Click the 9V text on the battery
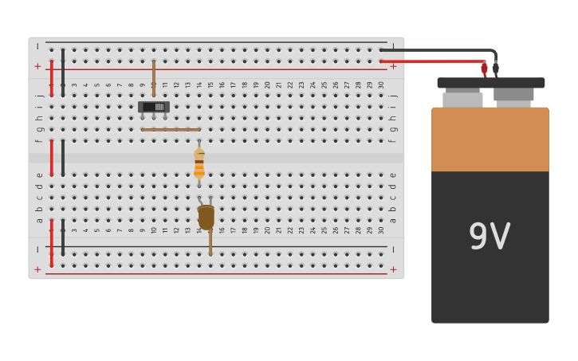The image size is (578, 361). [x=489, y=236]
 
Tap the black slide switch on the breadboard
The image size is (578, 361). [x=153, y=107]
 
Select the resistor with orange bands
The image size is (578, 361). [x=199, y=163]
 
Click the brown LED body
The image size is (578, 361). [x=206, y=217]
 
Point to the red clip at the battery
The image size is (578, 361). [x=484, y=69]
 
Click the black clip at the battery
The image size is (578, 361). [x=495, y=69]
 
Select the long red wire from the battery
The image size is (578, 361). [x=431, y=61]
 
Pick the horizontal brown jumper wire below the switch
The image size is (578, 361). [x=171, y=129]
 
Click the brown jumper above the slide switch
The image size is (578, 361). [x=154, y=77]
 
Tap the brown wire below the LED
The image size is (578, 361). [x=210, y=243]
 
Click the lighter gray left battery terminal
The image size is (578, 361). [x=462, y=100]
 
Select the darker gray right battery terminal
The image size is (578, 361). [x=513, y=95]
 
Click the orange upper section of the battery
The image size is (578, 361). [x=490, y=139]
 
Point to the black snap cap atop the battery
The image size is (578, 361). [x=490, y=82]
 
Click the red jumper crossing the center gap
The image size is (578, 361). [x=52, y=157]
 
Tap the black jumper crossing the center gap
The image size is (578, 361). [x=63, y=157]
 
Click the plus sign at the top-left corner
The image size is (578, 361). [x=37, y=66]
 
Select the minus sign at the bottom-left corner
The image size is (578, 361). [x=37, y=249]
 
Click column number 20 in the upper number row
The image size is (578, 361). [x=268, y=84]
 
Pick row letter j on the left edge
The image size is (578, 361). [x=39, y=96]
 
